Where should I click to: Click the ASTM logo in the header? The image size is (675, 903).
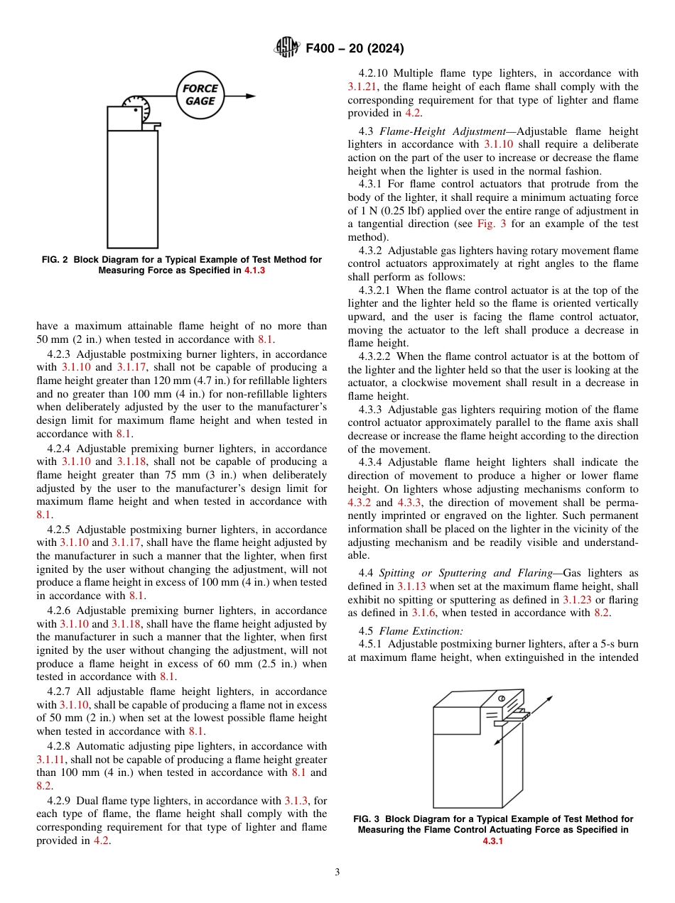coord(287,48)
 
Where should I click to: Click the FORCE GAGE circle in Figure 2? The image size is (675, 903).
coord(200,95)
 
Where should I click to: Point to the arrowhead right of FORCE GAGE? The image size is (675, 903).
coord(251,95)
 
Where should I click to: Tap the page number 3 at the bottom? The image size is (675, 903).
coord(337,872)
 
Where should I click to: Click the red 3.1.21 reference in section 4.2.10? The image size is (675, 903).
coord(363,87)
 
